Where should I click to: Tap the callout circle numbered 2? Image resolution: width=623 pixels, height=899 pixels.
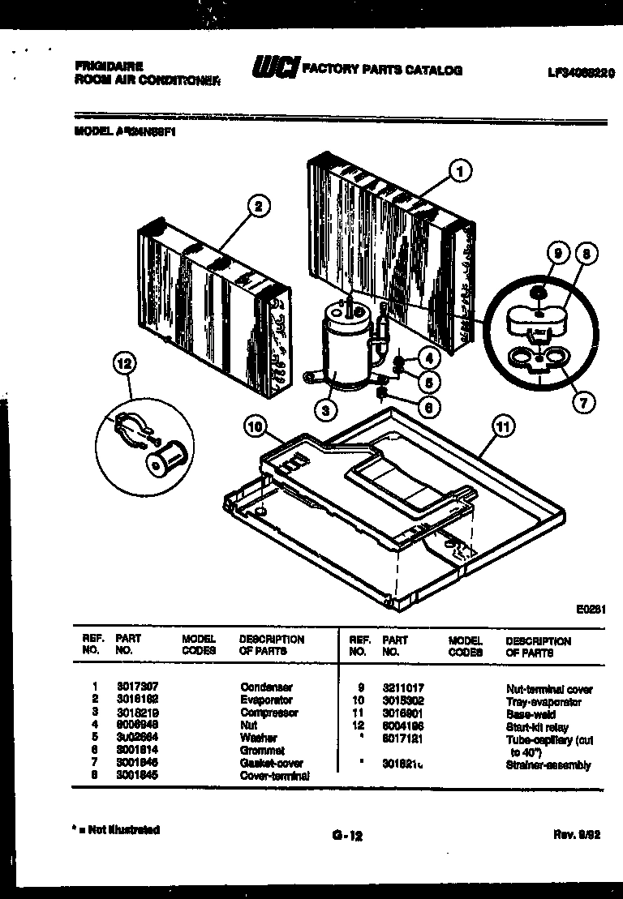click(258, 207)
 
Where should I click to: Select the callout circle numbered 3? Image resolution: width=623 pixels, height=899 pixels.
click(325, 411)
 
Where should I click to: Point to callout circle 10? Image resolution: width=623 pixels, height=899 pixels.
click(254, 424)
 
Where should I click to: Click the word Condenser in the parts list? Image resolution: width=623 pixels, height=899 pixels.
click(266, 687)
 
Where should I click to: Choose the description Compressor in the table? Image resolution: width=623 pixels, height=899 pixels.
click(269, 713)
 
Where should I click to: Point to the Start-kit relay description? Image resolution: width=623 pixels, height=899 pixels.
click(536, 727)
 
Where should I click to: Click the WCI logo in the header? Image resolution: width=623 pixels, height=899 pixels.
click(276, 70)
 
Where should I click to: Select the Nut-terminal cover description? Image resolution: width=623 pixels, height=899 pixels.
click(548, 689)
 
